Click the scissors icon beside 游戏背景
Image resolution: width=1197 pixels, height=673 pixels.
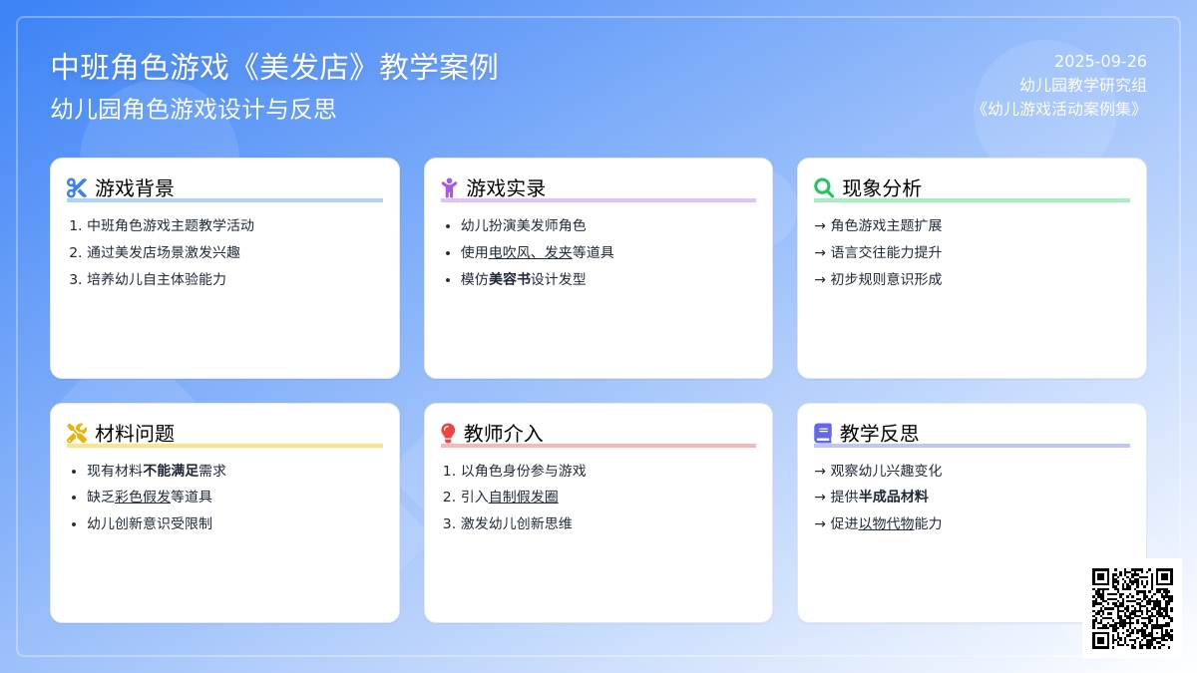tap(77, 188)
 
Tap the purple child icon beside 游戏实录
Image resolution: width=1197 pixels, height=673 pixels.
tap(450, 188)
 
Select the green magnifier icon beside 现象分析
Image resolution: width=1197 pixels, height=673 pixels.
tap(824, 188)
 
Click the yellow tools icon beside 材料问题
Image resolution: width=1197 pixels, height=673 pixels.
tap(77, 433)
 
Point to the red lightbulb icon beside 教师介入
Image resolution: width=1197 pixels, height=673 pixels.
tap(448, 433)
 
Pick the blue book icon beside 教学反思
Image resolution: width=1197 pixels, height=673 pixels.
tap(823, 433)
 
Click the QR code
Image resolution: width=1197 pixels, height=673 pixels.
tap(1132, 608)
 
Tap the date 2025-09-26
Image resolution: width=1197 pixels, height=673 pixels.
tap(1100, 62)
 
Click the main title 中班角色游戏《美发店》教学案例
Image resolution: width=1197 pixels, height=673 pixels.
tap(274, 67)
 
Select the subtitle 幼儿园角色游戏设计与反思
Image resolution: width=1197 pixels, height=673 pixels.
tap(194, 109)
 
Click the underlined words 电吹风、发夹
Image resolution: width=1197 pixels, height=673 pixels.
tap(530, 252)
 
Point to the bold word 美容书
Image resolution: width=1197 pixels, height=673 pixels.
tap(510, 279)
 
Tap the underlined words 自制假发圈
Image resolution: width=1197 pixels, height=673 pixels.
tap(523, 497)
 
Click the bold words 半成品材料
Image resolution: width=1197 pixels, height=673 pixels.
tap(893, 497)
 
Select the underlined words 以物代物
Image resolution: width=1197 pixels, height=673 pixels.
tap(886, 523)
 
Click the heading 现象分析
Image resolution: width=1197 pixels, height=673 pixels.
tap(882, 188)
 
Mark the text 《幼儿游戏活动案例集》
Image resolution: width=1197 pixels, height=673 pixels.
tap(1060, 109)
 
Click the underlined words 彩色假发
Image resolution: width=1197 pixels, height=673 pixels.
tap(142, 497)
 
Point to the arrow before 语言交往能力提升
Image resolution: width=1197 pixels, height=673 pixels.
tap(820, 252)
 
